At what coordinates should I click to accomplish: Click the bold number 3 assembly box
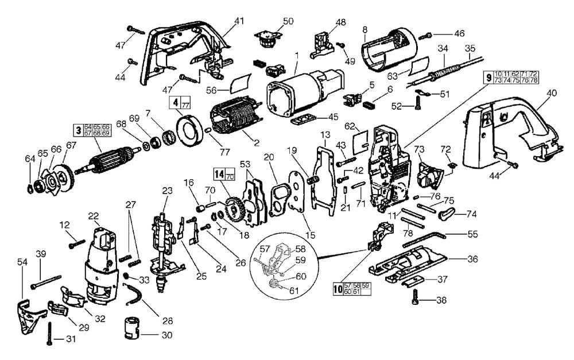[x=76, y=129]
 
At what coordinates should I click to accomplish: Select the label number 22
[x=94, y=216]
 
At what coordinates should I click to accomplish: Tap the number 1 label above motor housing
[x=297, y=56]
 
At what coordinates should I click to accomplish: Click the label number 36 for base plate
[x=472, y=259]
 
